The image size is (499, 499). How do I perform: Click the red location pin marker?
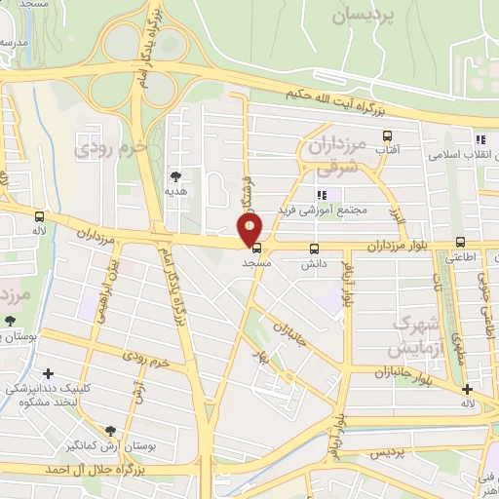pyautogui.click(x=250, y=230)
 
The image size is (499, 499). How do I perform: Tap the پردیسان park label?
pyautogui.click(x=365, y=15)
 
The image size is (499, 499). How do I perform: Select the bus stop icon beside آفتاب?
pyautogui.click(x=387, y=136)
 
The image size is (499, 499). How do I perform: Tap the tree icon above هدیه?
pyautogui.click(x=175, y=176)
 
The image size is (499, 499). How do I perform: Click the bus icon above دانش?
pyautogui.click(x=313, y=248)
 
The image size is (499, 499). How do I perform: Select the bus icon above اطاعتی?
pyautogui.click(x=460, y=243)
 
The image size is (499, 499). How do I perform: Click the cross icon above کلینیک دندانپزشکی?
pyautogui.click(x=48, y=373)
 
